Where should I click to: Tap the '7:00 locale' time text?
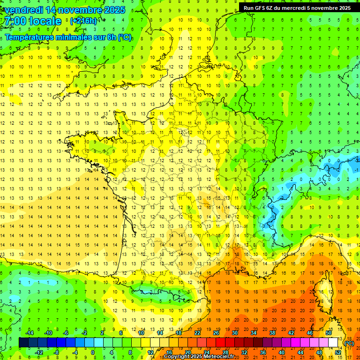[x=33, y=22]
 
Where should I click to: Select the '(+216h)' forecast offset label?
[x=83, y=21]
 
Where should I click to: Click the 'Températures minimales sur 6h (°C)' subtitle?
[x=68, y=37]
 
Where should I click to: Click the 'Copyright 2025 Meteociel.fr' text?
[x=199, y=357]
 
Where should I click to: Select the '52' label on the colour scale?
[x=338, y=352]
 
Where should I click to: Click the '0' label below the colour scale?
[x=93, y=352]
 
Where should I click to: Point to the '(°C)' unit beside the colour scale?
[x=349, y=344]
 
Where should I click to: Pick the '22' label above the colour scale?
[x=197, y=333]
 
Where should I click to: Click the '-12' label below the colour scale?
[x=39, y=352]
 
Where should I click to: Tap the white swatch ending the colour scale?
[x=333, y=343]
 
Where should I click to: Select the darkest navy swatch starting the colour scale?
[x=23, y=343]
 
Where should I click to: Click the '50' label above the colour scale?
[x=329, y=333]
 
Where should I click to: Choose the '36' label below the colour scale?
[x=262, y=352]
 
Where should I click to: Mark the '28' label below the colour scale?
[x=225, y=352]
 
